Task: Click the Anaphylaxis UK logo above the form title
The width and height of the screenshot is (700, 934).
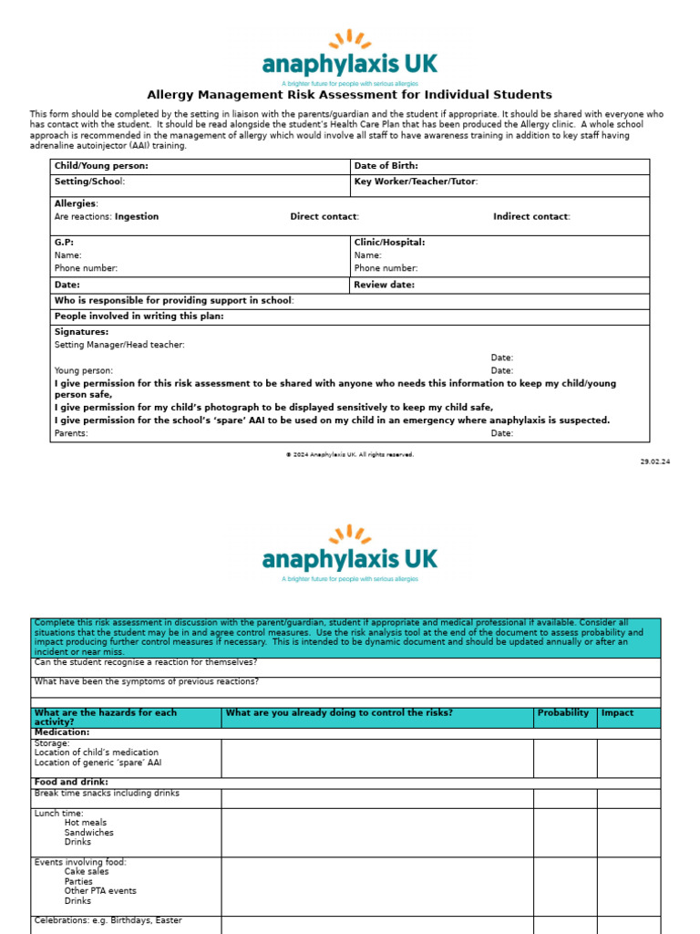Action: pos(350,57)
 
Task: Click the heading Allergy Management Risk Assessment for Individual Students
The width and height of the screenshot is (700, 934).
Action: pos(350,95)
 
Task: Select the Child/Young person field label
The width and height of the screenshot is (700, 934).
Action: pos(101,166)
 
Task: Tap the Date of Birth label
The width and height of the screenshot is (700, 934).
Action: pos(386,166)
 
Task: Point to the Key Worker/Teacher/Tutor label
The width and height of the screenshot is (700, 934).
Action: pos(415,182)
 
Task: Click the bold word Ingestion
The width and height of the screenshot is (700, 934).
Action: pos(137,216)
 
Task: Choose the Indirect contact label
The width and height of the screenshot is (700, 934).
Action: pos(531,216)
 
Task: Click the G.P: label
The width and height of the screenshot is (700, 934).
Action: pos(64,243)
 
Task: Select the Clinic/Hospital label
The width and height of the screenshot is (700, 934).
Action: pos(389,243)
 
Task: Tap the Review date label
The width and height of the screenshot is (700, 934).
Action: pos(384,285)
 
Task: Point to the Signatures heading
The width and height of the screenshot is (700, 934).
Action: pos(81,332)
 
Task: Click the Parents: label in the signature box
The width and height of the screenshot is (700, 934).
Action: pos(71,433)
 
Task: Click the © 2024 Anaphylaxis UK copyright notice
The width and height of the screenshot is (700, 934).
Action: pos(350,454)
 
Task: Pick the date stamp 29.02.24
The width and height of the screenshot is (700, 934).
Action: pos(654,462)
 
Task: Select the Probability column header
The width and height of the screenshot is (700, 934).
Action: pos(563,712)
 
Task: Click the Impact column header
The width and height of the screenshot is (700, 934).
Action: pos(617,712)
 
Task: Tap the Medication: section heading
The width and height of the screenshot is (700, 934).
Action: pos(62,732)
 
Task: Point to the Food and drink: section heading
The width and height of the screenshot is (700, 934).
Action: pos(71,782)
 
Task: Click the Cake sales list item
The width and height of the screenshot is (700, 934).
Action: pos(87,871)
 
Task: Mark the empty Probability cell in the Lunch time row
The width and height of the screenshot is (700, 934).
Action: pos(565,832)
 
